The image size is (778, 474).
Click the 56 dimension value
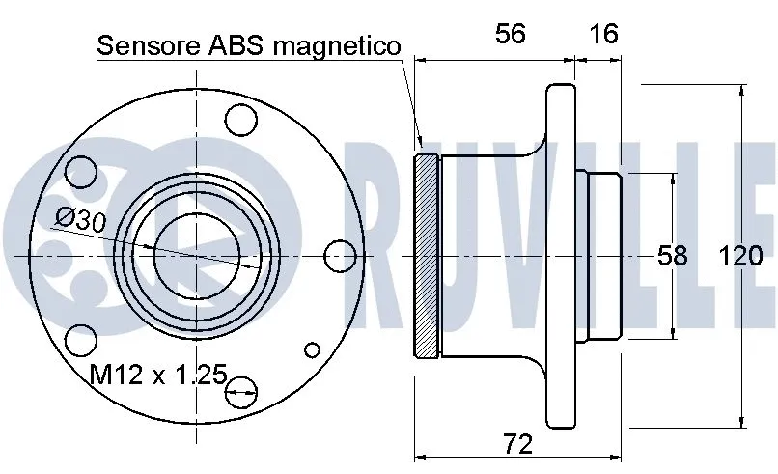(510, 34)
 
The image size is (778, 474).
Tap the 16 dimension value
(603, 34)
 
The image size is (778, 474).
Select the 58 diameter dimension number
(672, 256)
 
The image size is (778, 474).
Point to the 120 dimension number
(740, 256)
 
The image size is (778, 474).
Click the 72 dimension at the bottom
(518, 444)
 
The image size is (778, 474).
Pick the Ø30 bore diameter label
(81, 219)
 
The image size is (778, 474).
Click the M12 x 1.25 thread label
(159, 374)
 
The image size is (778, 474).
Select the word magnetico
(338, 45)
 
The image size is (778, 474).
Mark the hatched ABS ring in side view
(426, 255)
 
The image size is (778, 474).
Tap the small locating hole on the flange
(312, 350)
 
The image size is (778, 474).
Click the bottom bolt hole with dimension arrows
(242, 390)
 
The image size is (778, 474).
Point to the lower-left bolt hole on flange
(82, 340)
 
